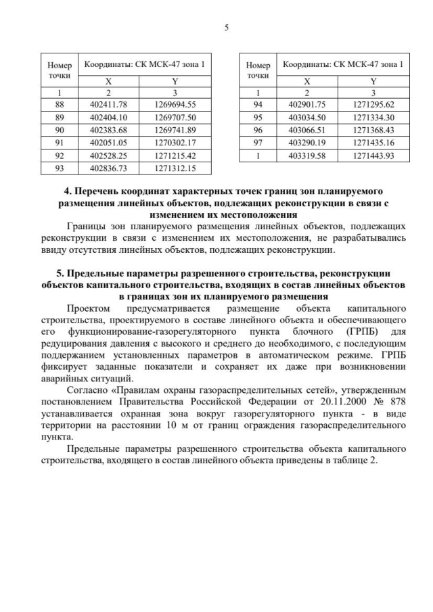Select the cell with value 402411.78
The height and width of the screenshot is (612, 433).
tap(104, 105)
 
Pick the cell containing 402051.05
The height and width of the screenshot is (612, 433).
tap(104, 142)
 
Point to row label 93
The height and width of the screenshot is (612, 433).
tap(59, 167)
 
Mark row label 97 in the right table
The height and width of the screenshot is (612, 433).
tap(258, 142)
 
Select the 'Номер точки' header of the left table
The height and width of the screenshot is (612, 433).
tap(59, 71)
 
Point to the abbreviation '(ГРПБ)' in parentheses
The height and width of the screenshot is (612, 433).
tap(356, 332)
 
